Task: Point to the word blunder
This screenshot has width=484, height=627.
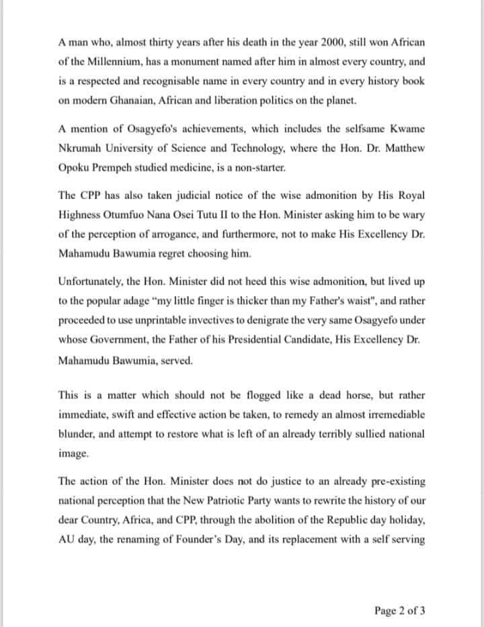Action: click(x=75, y=435)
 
